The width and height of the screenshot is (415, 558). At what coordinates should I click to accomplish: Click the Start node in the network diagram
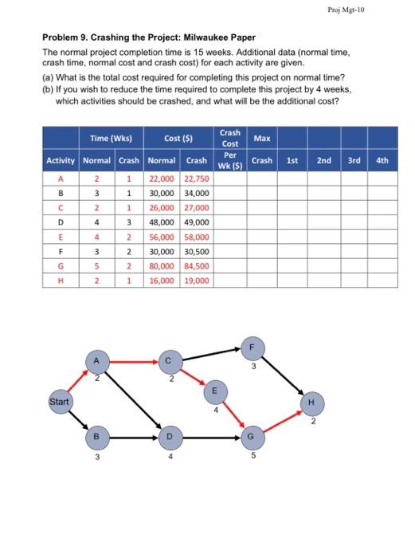(60, 401)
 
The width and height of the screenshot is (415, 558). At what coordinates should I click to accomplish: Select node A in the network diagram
(96, 363)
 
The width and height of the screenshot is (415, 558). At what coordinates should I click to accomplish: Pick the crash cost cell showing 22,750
(197, 179)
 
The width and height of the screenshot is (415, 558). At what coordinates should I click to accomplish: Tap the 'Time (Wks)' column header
(111, 139)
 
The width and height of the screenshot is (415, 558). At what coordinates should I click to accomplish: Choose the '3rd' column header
(354, 160)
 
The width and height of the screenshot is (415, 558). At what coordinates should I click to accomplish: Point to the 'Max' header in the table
(261, 139)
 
